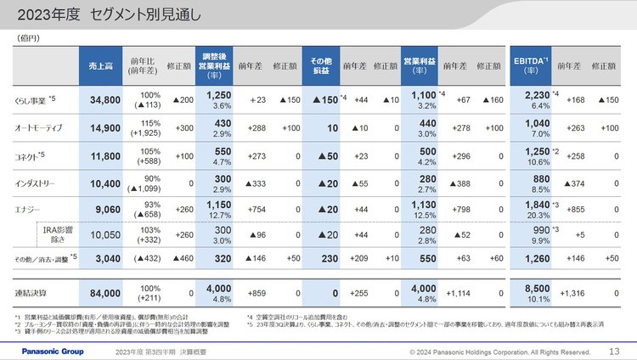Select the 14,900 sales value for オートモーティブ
tap(104, 129)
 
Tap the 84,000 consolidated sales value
tap(104, 293)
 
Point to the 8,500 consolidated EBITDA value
tap(535, 289)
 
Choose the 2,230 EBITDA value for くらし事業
tap(535, 96)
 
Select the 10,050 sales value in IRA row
tap(105, 234)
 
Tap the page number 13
tap(614, 350)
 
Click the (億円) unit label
tap(28, 38)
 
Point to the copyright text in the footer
tap(499, 351)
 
